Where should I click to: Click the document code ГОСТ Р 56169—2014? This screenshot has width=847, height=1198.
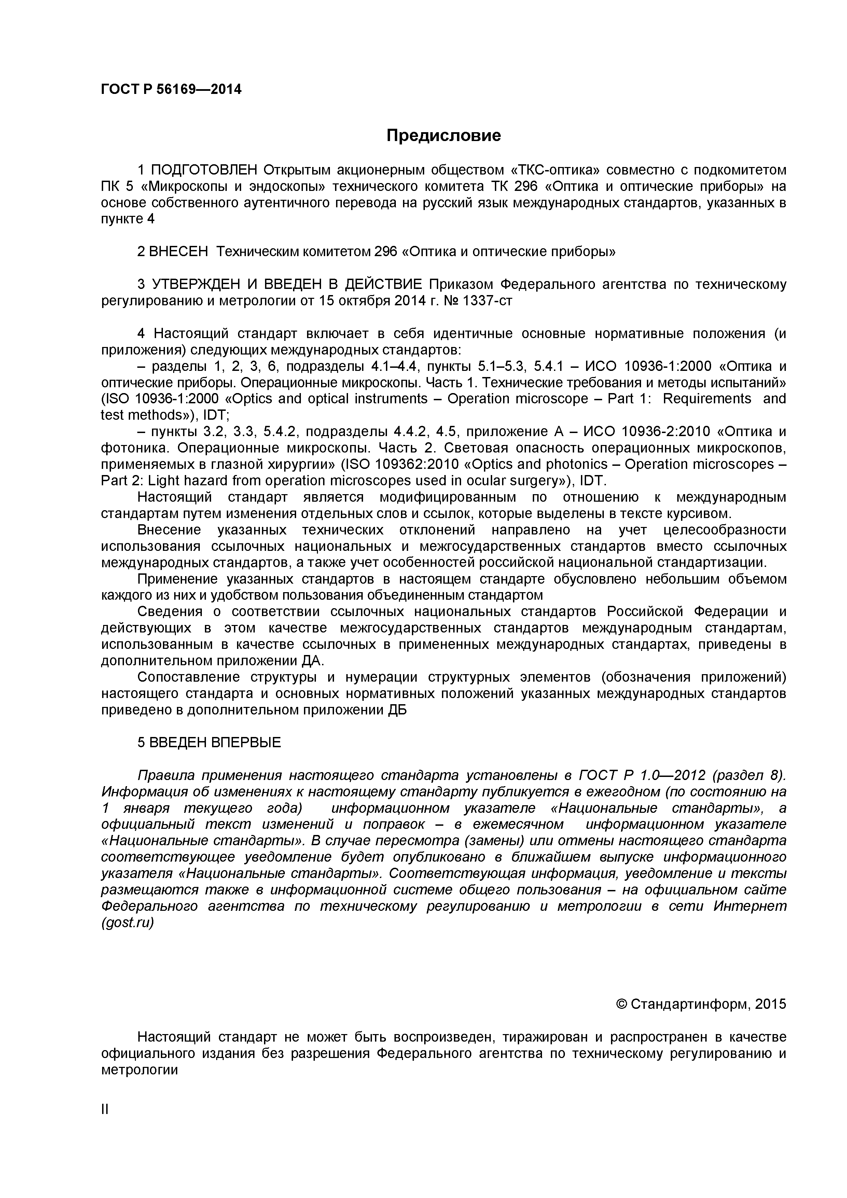(x=171, y=90)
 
